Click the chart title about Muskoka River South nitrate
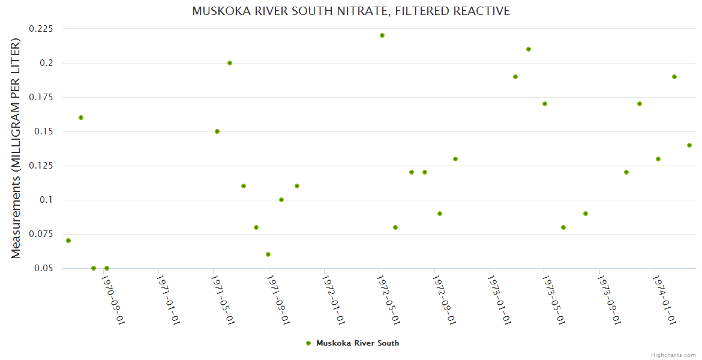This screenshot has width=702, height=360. (351, 11)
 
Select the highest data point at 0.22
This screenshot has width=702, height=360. (382, 35)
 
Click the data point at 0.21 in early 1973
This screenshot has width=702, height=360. (529, 49)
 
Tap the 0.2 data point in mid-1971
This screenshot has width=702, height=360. (230, 63)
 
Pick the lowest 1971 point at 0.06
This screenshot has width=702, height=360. (268, 254)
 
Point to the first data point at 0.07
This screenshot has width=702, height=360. (68, 241)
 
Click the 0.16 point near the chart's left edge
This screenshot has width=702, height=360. (81, 118)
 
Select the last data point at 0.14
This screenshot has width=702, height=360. (689, 145)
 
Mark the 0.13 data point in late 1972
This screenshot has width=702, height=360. (455, 159)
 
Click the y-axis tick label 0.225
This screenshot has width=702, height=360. (41, 29)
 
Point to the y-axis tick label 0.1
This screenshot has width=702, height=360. (46, 200)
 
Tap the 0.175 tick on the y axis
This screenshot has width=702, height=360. (41, 97)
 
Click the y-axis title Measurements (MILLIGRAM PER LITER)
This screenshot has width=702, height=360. (16, 148)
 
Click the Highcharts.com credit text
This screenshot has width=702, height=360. (673, 355)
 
